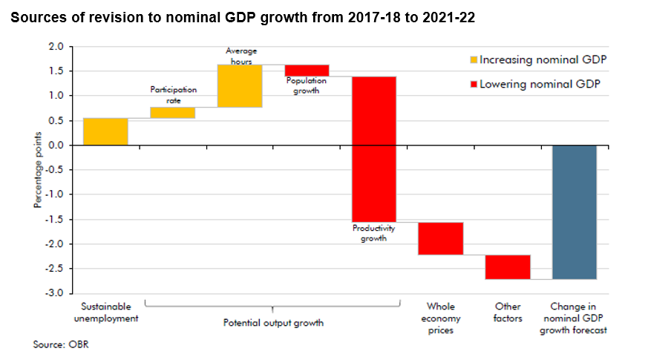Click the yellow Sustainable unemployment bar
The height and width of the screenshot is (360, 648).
pyautogui.click(x=105, y=131)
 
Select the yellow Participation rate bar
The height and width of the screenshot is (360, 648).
pyautogui.click(x=172, y=113)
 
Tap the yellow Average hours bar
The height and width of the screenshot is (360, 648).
pyautogui.click(x=239, y=85)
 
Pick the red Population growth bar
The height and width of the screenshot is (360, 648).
pyautogui.click(x=307, y=71)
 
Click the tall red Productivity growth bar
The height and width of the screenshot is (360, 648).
pyautogui.click(x=373, y=148)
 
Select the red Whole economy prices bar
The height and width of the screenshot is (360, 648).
pyautogui.click(x=440, y=238)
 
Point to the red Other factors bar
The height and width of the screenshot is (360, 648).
pyautogui.click(x=508, y=266)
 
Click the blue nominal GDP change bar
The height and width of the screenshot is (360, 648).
pyautogui.click(x=575, y=212)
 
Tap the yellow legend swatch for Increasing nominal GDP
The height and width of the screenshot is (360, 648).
pyautogui.click(x=474, y=59)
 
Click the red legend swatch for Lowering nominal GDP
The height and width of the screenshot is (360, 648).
pyautogui.click(x=474, y=84)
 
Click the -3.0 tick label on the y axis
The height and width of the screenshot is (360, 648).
pyautogui.click(x=56, y=294)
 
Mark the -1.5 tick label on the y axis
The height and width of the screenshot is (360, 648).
pyautogui.click(x=56, y=220)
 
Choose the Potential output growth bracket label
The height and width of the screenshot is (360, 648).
pyautogui.click(x=273, y=324)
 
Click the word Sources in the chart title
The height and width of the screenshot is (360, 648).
pyautogui.click(x=37, y=18)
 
